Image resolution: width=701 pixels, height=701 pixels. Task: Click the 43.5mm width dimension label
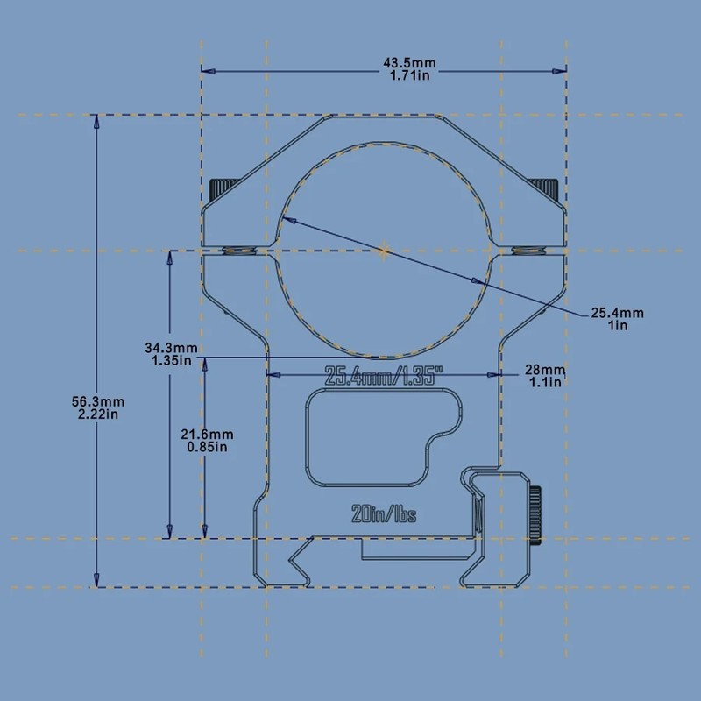pyautogui.click(x=409, y=63)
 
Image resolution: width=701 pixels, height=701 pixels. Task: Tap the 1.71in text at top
pyautogui.click(x=409, y=75)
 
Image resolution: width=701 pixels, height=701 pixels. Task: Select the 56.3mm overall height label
pyautogui.click(x=98, y=401)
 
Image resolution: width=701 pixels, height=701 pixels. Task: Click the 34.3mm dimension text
pyautogui.click(x=171, y=347)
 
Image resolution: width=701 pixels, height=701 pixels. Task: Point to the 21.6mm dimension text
pyautogui.click(x=207, y=434)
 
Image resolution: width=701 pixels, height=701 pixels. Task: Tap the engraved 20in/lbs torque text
pyautogui.click(x=384, y=513)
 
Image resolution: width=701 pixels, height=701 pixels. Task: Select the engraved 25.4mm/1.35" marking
pyautogui.click(x=379, y=376)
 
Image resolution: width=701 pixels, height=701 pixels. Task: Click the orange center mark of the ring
pyautogui.click(x=384, y=251)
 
